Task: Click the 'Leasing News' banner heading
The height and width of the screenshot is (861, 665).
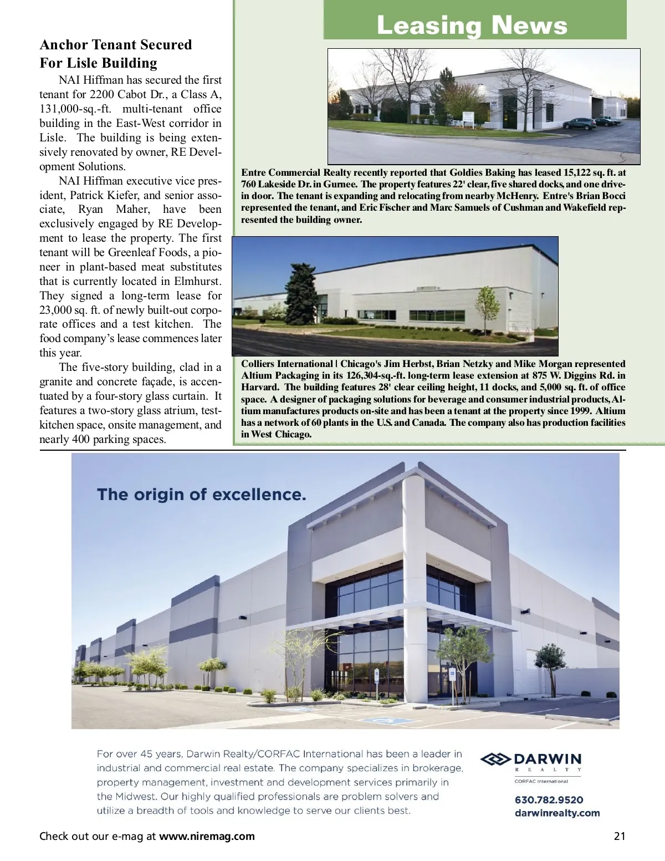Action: click(x=472, y=26)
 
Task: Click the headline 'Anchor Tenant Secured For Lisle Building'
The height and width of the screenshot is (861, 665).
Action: click(x=115, y=54)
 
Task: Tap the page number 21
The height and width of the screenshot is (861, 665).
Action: click(x=620, y=836)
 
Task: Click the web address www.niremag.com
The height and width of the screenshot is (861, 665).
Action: click(x=207, y=836)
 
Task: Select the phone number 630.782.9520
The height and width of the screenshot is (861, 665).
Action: click(x=549, y=799)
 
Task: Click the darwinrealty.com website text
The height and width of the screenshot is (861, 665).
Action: click(x=557, y=813)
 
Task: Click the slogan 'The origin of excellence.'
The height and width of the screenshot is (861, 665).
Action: click(x=202, y=494)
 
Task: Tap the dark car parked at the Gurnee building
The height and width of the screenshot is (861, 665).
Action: click(x=579, y=123)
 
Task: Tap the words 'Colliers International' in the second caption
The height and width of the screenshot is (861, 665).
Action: click(x=286, y=364)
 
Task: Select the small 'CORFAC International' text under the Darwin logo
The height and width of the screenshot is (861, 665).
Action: click(x=541, y=781)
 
